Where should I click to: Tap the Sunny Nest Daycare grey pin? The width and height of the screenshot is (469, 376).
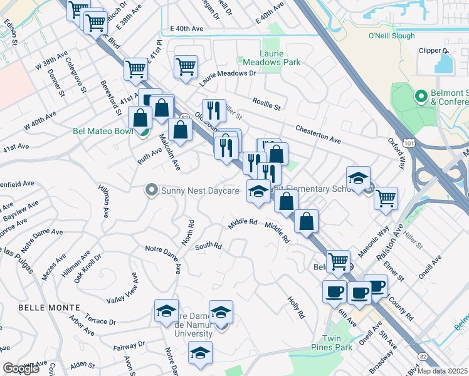150,189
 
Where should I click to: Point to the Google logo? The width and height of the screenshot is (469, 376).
21,368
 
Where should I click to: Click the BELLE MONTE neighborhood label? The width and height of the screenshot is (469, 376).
49,308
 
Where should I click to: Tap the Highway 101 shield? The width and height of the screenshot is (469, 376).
409,144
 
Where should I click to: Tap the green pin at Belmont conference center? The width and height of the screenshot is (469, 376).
421,97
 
